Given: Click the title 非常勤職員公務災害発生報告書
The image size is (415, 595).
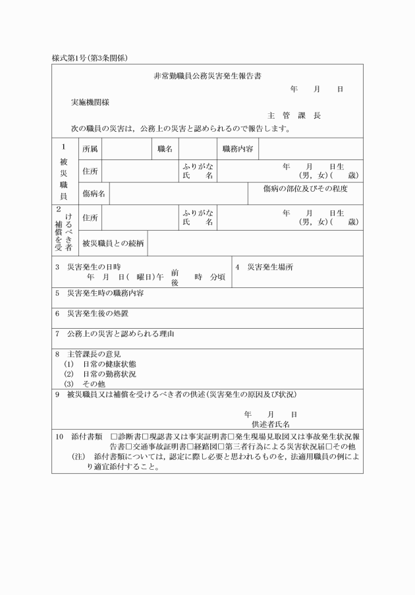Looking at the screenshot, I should [x=207, y=76].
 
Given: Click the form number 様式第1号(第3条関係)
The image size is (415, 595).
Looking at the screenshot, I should [x=90, y=58].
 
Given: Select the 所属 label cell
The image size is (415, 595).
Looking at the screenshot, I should [x=90, y=150].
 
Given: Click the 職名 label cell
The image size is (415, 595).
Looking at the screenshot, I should [x=165, y=150].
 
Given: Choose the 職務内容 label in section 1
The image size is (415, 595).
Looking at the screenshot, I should [x=238, y=150].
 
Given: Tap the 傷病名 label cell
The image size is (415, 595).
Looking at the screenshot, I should [x=93, y=194].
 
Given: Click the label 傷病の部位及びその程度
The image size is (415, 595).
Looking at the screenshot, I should [x=305, y=189].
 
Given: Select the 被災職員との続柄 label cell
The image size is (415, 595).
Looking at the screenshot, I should [x=113, y=243].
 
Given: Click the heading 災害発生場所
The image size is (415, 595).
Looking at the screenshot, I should [x=270, y=267].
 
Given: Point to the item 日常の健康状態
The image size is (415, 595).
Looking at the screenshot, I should [x=109, y=364].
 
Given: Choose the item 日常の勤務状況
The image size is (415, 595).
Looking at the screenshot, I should [x=109, y=374].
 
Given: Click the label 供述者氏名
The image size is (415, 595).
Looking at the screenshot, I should [x=271, y=424].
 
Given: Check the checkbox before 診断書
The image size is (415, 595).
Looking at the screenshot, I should [x=114, y=436].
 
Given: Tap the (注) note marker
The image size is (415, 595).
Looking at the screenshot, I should [x=79, y=456].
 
